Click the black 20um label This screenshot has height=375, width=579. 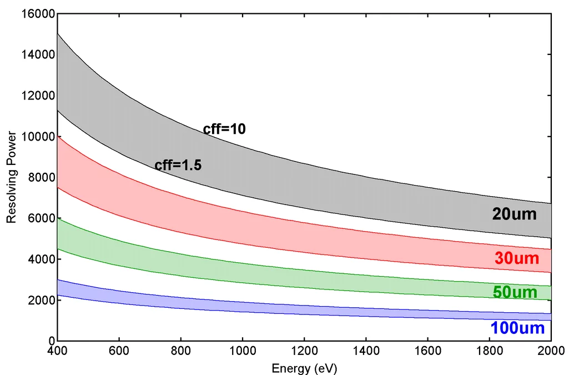tap(514, 214)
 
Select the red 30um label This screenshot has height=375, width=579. tap(516, 258)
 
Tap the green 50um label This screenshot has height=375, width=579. tap(515, 292)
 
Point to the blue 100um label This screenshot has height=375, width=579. tap(517, 328)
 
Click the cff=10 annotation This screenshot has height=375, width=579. tap(224, 129)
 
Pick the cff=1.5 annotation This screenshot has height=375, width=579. tap(178, 165)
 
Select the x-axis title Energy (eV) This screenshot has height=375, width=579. tap(304, 368)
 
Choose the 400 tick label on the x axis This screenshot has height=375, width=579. tap(57, 352)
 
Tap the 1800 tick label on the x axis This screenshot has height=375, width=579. tap(489, 352)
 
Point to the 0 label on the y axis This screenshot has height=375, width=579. tap(50, 341)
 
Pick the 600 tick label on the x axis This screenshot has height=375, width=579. tap(119, 352)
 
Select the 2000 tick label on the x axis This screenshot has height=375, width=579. tap(551, 352)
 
